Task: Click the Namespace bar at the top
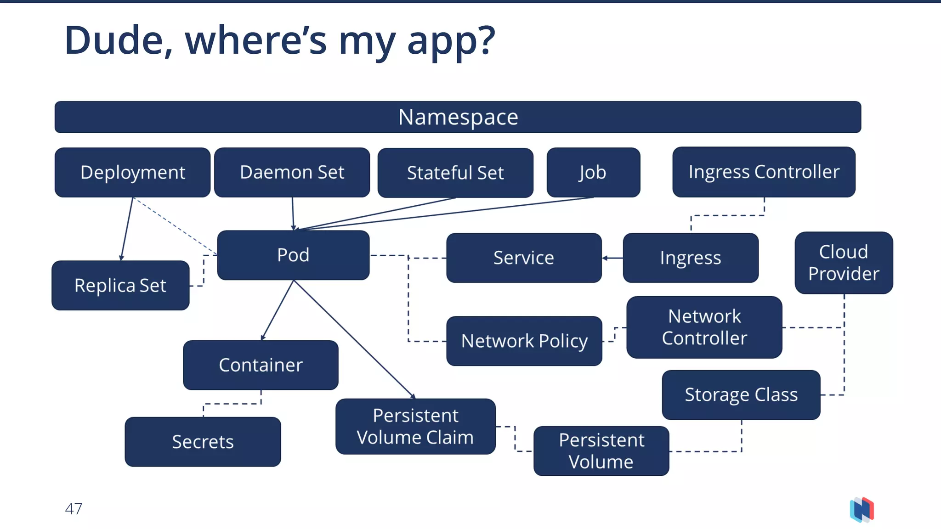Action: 458,117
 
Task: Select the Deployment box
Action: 132,173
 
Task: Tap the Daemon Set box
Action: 292,173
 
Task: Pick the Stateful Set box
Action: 455,173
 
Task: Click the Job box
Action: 593,173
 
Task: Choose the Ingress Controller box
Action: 764,172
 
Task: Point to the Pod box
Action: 293,255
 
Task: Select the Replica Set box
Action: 120,286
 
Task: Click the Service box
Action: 524,258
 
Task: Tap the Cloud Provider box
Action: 844,263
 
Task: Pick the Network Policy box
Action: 524,341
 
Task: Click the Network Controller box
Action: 704,327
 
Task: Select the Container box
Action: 261,366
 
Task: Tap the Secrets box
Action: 203,442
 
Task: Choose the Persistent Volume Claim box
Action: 415,427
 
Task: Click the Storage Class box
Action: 741,395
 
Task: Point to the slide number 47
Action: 74,509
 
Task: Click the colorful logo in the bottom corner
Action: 862,510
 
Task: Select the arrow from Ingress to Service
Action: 612,258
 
